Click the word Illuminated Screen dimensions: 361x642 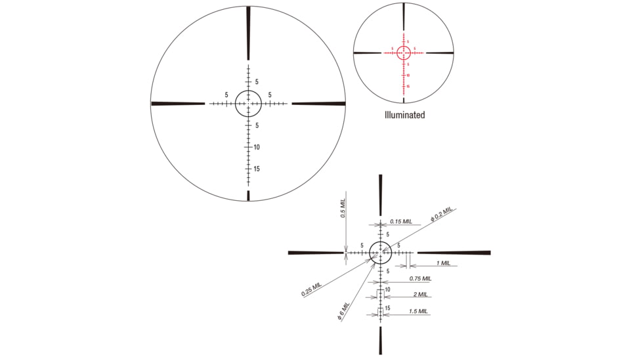[404, 115]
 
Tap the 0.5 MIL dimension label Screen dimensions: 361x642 [343, 209]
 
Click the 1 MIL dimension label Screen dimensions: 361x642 [443, 263]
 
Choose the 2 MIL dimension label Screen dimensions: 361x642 [420, 295]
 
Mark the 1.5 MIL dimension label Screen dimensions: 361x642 [419, 311]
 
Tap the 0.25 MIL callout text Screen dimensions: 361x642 [312, 289]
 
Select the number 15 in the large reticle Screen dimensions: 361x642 [257, 169]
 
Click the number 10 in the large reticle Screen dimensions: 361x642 [257, 147]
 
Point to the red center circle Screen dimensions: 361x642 [403, 53]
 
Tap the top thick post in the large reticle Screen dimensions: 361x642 [248, 33]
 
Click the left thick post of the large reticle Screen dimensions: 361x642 [178, 103]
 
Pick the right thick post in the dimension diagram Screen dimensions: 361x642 [454, 252]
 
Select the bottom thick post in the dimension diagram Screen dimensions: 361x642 [381, 340]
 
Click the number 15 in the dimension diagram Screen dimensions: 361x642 [388, 308]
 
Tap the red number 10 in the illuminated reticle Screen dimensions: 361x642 [408, 75]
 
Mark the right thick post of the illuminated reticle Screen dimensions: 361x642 [439, 53]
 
